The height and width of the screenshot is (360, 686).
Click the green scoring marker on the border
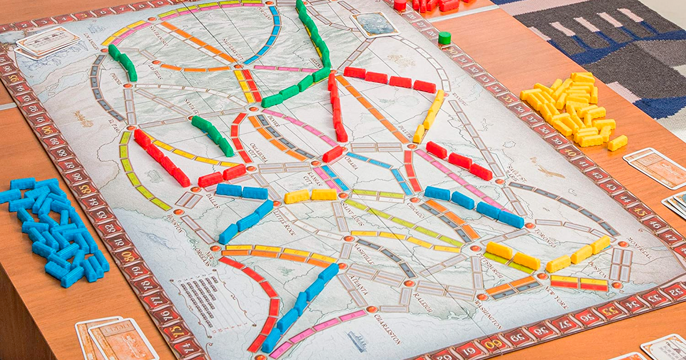point(444,38)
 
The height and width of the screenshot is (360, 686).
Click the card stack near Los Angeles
point(48,41)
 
